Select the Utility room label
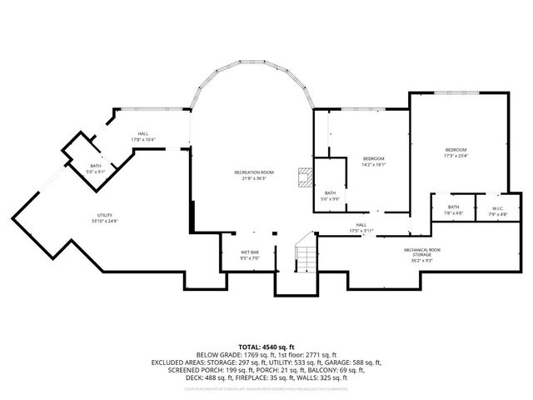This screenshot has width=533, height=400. [x=105, y=216]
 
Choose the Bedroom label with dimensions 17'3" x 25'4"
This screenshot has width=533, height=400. [x=456, y=149]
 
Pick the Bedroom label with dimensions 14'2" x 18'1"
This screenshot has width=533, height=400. [x=374, y=158]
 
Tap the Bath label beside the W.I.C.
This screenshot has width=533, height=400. [x=454, y=207]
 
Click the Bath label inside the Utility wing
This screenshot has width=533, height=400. [x=97, y=166]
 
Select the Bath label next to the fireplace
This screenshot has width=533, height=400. [x=331, y=192]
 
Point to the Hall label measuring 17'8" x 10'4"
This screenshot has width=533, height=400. [x=143, y=134]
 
